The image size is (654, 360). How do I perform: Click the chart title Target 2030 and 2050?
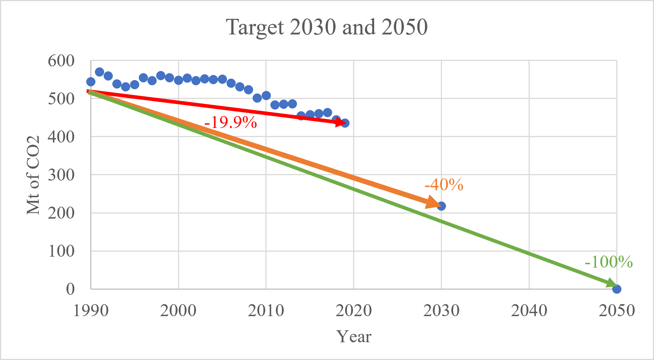[327, 27]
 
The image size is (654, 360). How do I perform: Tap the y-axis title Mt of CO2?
[33, 175]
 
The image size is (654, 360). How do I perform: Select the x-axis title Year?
[354, 336]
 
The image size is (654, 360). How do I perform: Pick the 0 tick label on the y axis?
[70, 289]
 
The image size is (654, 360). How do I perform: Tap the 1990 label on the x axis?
[91, 311]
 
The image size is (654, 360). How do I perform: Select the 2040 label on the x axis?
[529, 311]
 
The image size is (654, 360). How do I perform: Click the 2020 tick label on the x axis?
[353, 311]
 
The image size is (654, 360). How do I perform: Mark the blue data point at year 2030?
[441, 206]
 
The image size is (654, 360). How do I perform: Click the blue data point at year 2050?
[616, 289]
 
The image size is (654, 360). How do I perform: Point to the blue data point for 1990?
[91, 82]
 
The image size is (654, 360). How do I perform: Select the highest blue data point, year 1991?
[99, 72]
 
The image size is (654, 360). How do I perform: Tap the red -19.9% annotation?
[231, 123]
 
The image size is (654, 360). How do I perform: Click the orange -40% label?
[444, 185]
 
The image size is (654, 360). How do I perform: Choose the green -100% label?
[609, 262]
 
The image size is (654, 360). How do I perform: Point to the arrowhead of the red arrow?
[341, 123]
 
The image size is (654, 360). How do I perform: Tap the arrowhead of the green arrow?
[611, 284]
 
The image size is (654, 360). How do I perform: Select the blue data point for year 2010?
[266, 96]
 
